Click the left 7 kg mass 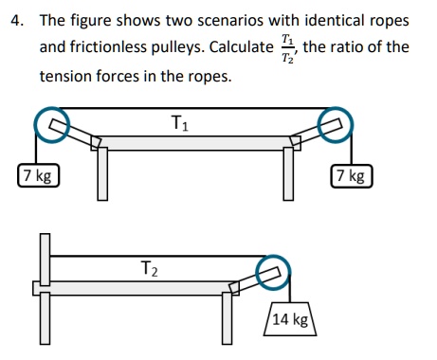tap(38, 176)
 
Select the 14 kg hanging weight tap(290, 319)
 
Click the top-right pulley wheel tap(334, 121)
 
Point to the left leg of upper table tap(100, 175)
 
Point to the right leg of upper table tap(286, 175)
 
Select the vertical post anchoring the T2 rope tap(45, 259)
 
